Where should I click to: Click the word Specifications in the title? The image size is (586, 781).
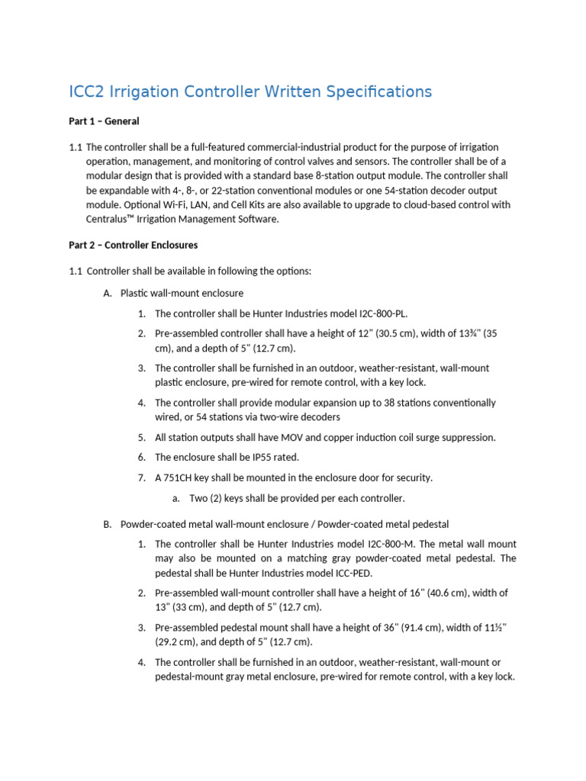[379, 92]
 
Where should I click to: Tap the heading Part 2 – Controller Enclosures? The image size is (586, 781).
[133, 245]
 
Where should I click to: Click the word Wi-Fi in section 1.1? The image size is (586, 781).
[172, 204]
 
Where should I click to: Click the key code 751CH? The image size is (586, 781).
[177, 477]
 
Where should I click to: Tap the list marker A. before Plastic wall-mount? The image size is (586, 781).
[108, 294]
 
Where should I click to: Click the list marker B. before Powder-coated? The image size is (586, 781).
[108, 524]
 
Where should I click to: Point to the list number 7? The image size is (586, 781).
[142, 477]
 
